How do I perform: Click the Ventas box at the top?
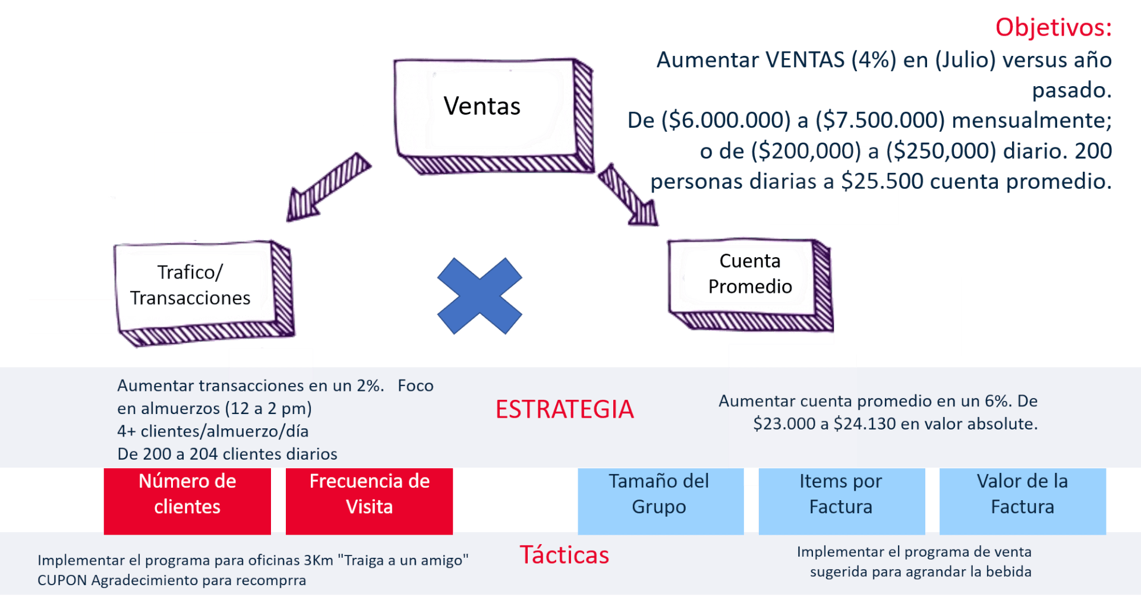(493, 116)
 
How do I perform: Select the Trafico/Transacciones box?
(204, 293)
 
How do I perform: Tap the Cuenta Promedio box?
(750, 285)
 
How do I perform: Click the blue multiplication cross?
(480, 296)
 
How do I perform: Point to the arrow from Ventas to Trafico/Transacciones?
(329, 187)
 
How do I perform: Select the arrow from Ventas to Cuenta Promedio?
(628, 195)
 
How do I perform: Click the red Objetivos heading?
(1053, 27)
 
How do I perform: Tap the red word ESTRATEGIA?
(565, 409)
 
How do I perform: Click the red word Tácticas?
(565, 555)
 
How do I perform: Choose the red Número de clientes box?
(187, 501)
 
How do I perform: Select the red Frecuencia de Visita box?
(369, 501)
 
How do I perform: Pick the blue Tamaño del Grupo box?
(661, 501)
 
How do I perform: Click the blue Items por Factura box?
(841, 501)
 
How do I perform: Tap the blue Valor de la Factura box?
(1022, 501)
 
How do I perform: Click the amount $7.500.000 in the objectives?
(880, 121)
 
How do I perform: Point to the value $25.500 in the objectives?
(882, 181)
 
